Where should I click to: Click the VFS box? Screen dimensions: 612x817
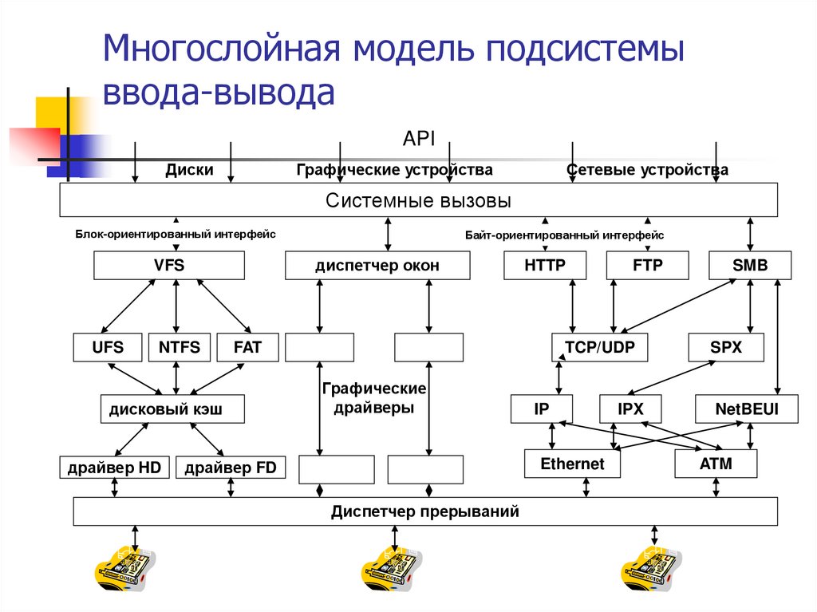point(169,266)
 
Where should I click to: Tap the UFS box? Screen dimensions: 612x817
point(108,348)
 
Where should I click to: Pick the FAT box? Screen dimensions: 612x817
point(247,348)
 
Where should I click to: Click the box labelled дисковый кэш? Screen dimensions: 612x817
point(172,409)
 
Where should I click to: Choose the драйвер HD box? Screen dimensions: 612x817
point(115,468)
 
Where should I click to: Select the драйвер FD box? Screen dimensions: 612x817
point(231,468)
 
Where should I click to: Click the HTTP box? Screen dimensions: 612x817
point(545,266)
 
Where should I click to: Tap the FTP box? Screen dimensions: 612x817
point(647,266)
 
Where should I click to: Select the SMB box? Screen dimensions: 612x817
point(750,266)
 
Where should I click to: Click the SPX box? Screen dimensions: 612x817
point(726,348)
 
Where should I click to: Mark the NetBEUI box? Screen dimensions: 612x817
point(747,409)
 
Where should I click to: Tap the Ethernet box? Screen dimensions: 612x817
point(572,464)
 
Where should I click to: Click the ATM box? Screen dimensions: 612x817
point(715,464)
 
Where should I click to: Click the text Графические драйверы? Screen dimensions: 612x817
point(374,397)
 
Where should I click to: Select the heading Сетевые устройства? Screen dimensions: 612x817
point(647,170)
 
